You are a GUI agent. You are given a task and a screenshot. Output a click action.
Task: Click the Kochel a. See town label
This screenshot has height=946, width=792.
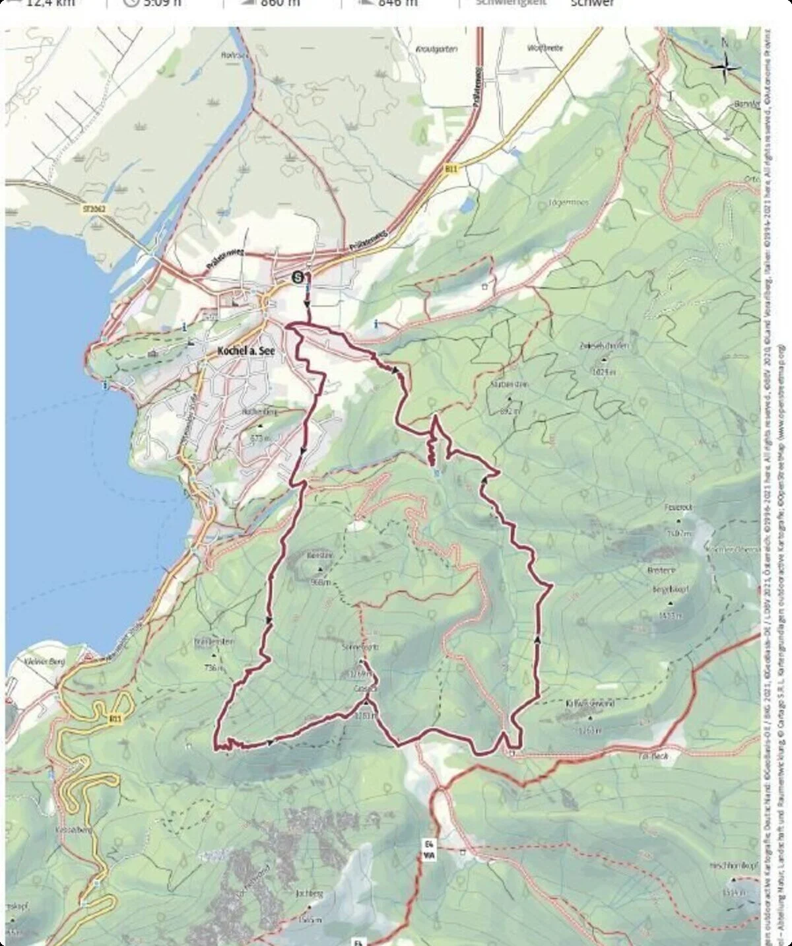tap(244, 351)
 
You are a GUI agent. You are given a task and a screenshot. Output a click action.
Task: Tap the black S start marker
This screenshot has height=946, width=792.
tap(299, 277)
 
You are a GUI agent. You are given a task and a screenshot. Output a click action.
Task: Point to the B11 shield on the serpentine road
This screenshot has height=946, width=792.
tap(116, 718)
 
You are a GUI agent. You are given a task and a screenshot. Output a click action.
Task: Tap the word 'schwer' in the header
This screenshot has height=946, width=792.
tap(591, 3)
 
